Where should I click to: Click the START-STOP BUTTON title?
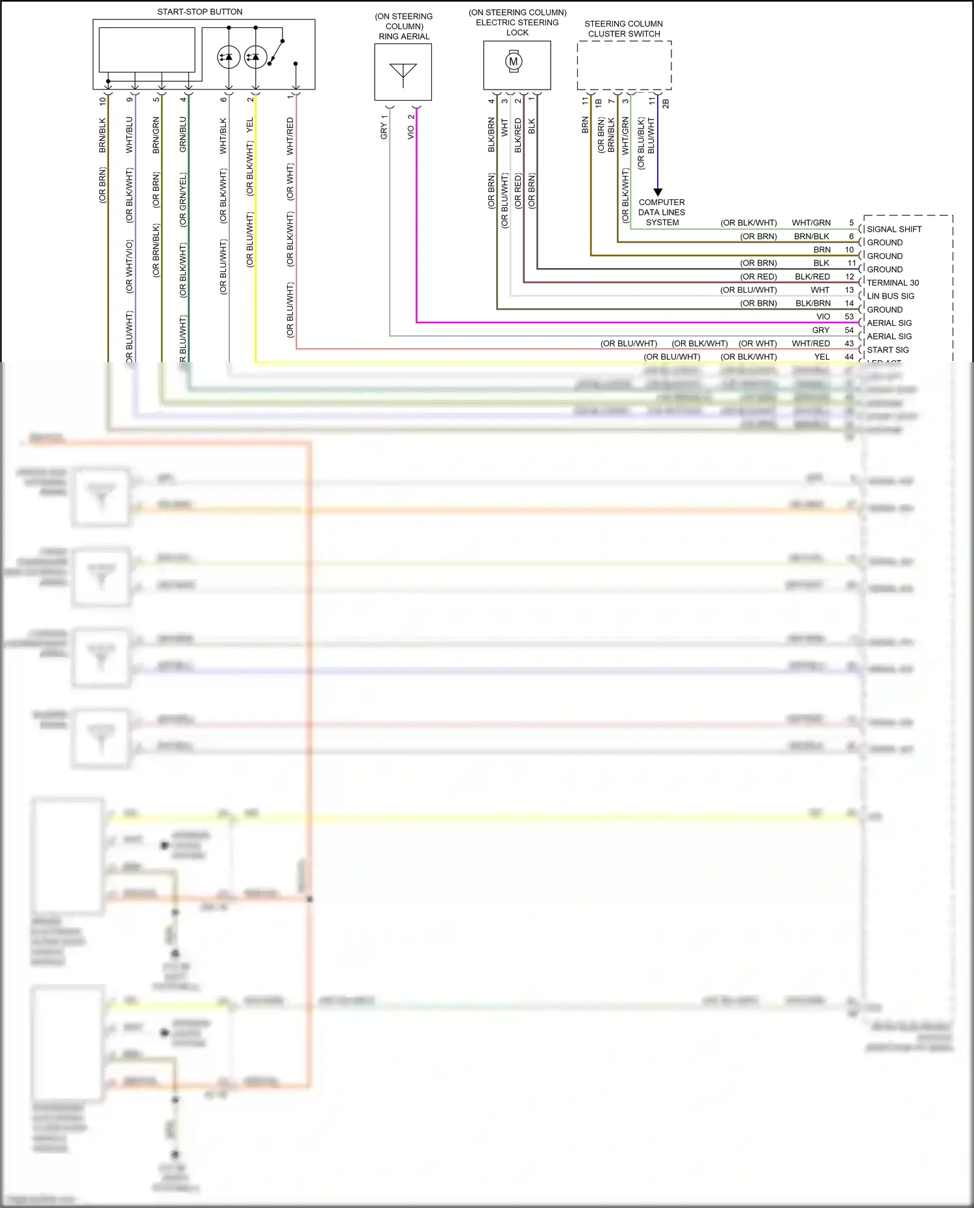200,12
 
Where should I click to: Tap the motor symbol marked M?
514,62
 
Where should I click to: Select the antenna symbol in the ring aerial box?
403,73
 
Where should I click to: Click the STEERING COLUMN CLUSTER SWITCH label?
623,29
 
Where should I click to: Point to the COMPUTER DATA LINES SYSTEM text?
662,212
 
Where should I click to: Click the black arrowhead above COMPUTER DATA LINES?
658,192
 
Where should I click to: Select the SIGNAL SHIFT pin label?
894,229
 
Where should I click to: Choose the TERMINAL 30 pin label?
893,282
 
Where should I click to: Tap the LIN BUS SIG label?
890,296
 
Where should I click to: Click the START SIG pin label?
888,350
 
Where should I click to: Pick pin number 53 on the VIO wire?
849,317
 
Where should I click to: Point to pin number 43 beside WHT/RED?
849,343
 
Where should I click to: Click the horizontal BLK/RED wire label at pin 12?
812,277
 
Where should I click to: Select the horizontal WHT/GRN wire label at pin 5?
811,223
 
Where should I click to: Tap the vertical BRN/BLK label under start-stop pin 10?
103,135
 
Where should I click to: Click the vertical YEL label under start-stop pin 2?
250,126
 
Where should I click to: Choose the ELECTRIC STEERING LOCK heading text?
518,22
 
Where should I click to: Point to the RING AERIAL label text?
404,36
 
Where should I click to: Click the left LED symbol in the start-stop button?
229,57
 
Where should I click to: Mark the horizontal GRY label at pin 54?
821,330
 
